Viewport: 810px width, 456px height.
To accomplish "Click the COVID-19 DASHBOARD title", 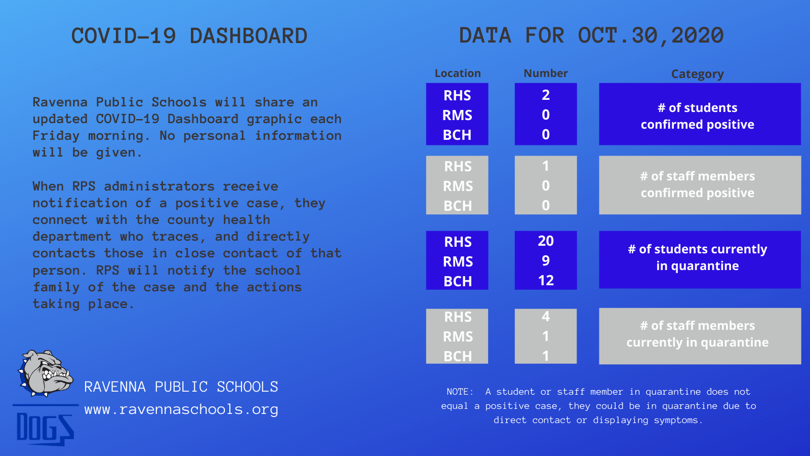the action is [x=189, y=36].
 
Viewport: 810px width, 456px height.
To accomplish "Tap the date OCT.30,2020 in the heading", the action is [x=651, y=36].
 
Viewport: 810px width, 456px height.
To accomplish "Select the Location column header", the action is [x=458, y=73].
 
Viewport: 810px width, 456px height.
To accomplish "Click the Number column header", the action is [x=546, y=73].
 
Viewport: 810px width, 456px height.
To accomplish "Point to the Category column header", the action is [x=698, y=74].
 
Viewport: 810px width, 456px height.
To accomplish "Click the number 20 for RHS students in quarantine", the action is [x=546, y=241].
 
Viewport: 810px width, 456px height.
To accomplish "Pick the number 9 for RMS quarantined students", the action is [x=546, y=260].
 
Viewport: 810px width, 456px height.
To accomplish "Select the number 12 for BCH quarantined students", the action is [x=546, y=281].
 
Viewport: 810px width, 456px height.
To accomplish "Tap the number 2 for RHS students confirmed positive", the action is [x=546, y=95].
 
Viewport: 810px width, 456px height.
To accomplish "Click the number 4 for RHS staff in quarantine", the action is [x=546, y=317].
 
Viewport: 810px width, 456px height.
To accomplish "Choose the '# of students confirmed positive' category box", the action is [x=700, y=115].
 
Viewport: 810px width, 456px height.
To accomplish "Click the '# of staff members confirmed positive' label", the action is [x=698, y=184].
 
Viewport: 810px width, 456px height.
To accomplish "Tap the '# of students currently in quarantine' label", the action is [x=698, y=257].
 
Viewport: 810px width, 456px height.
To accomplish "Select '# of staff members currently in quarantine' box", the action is [x=700, y=336].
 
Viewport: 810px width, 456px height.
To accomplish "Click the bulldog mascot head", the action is [x=45, y=373].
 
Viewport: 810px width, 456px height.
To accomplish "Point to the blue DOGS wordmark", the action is [x=45, y=428].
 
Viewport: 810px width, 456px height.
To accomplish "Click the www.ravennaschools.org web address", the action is [x=181, y=410].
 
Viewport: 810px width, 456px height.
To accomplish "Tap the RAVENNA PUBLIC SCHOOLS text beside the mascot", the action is [x=181, y=387].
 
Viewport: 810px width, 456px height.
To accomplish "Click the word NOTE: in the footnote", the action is [x=460, y=392].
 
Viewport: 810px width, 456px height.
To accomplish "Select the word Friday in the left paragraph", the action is [x=56, y=136].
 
